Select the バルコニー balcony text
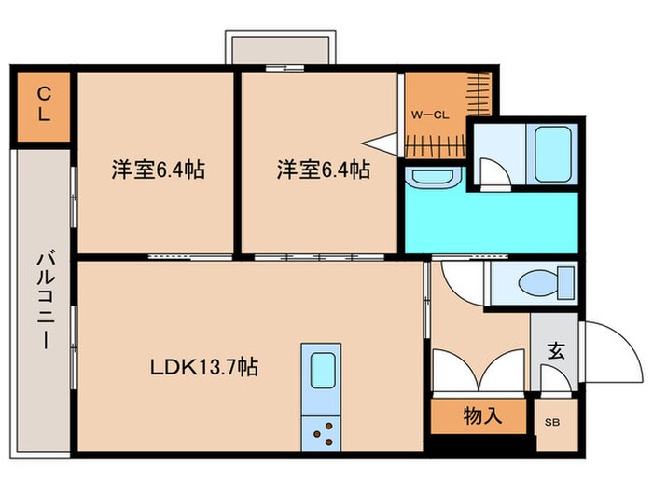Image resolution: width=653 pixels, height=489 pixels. click(x=44, y=299)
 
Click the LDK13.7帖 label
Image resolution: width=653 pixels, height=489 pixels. click(x=204, y=367)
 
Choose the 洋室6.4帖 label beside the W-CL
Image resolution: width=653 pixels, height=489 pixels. click(x=322, y=170)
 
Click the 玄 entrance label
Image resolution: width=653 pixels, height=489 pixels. click(x=555, y=351)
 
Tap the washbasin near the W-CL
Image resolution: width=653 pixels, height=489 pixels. click(x=432, y=177)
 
